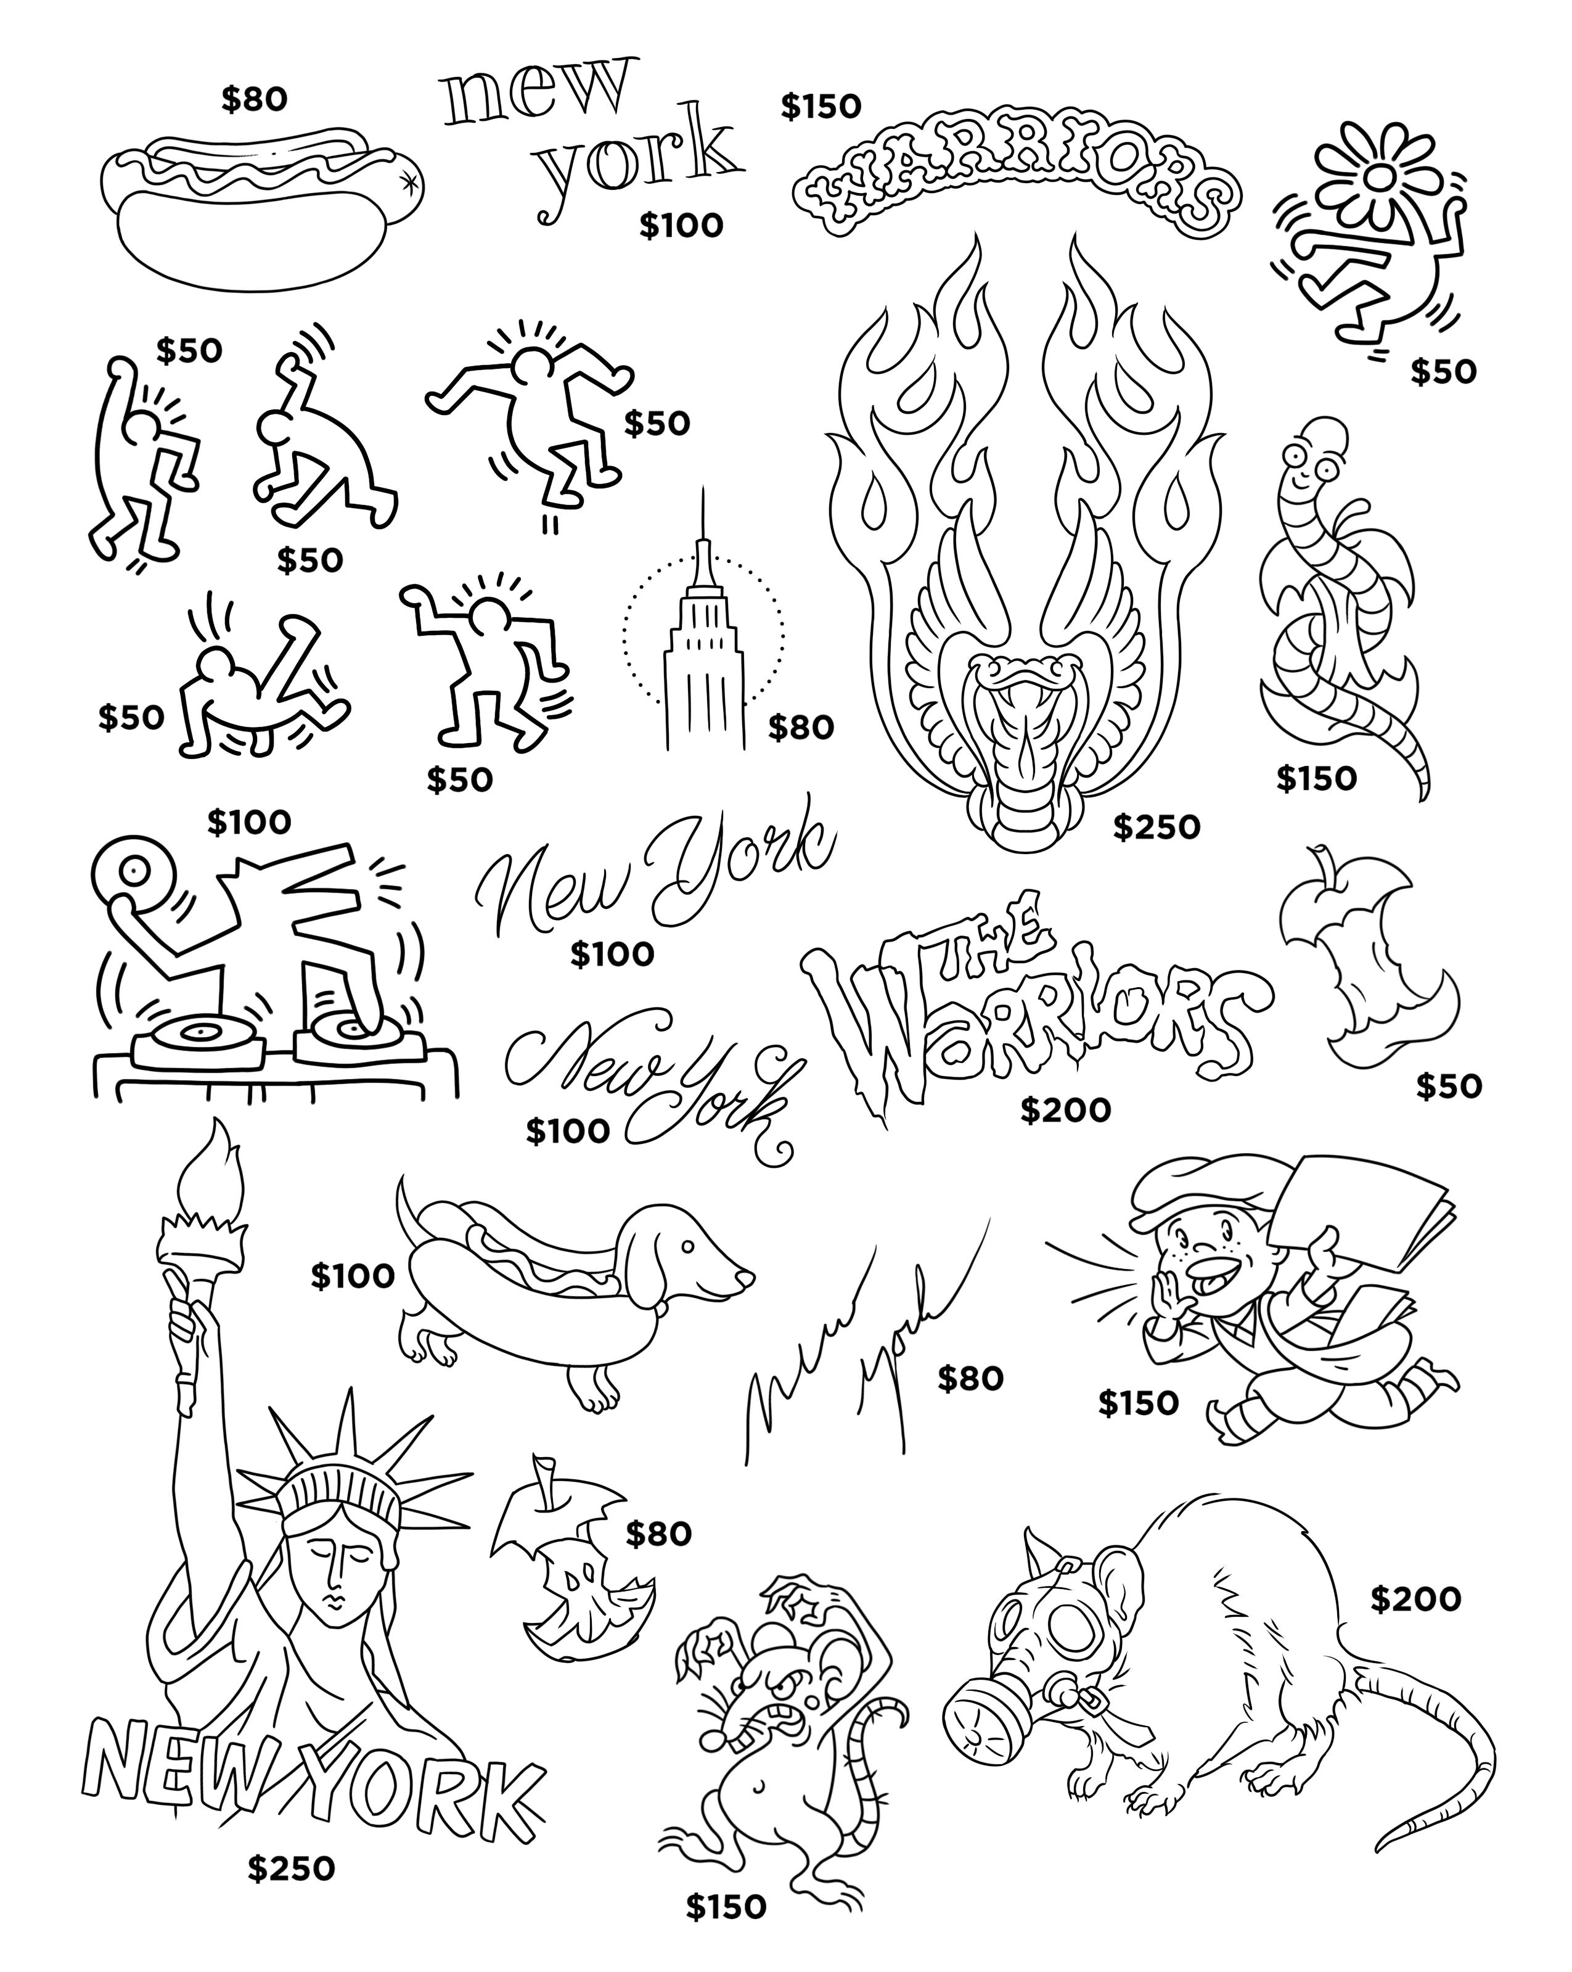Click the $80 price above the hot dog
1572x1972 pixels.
click(253, 100)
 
